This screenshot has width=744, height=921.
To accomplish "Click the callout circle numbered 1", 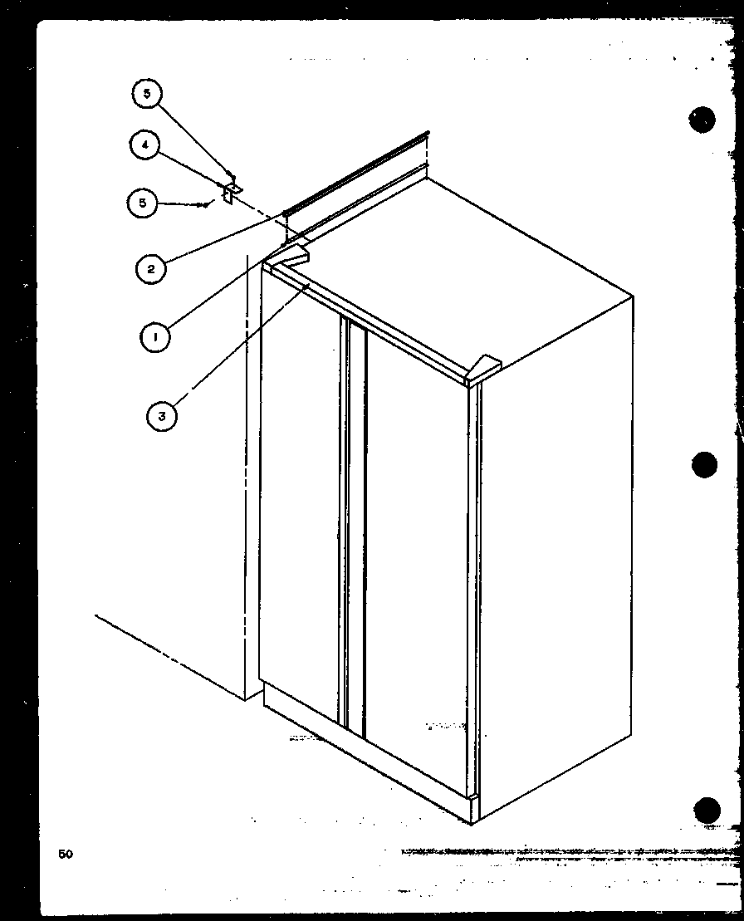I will [x=155, y=336].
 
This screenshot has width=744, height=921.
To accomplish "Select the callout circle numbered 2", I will [x=152, y=267].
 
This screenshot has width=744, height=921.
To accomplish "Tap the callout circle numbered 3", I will [x=162, y=415].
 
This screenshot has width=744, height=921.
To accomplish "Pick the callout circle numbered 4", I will [x=144, y=145].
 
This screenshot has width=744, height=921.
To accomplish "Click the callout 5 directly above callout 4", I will [x=147, y=94].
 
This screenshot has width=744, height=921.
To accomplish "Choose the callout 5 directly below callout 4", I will [x=143, y=203].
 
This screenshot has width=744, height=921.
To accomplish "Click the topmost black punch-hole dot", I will [x=702, y=120].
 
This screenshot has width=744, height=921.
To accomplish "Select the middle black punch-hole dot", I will [x=704, y=463].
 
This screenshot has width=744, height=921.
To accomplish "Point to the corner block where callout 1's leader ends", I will [x=294, y=250].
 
